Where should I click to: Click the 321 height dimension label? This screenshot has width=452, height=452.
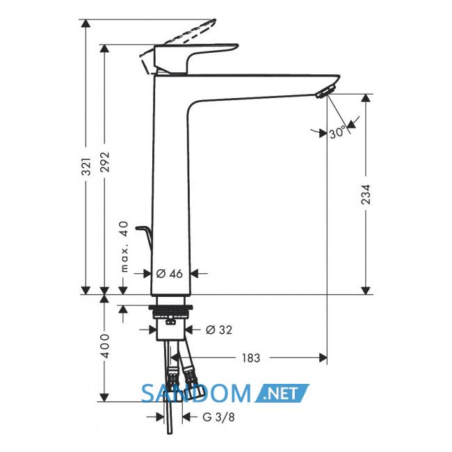(x=86, y=167)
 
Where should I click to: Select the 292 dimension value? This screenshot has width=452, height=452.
(x=105, y=162)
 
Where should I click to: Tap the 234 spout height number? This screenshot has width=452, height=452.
(x=366, y=195)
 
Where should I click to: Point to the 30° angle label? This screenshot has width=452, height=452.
(x=337, y=132)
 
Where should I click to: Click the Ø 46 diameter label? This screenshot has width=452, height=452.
(x=170, y=273)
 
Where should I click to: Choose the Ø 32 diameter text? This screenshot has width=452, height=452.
(x=219, y=330)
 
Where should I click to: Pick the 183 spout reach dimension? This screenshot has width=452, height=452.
(x=251, y=358)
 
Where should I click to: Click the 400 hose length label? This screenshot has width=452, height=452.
(x=105, y=346)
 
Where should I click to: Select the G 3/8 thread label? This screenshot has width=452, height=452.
(x=219, y=417)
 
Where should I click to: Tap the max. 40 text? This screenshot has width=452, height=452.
(x=124, y=247)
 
